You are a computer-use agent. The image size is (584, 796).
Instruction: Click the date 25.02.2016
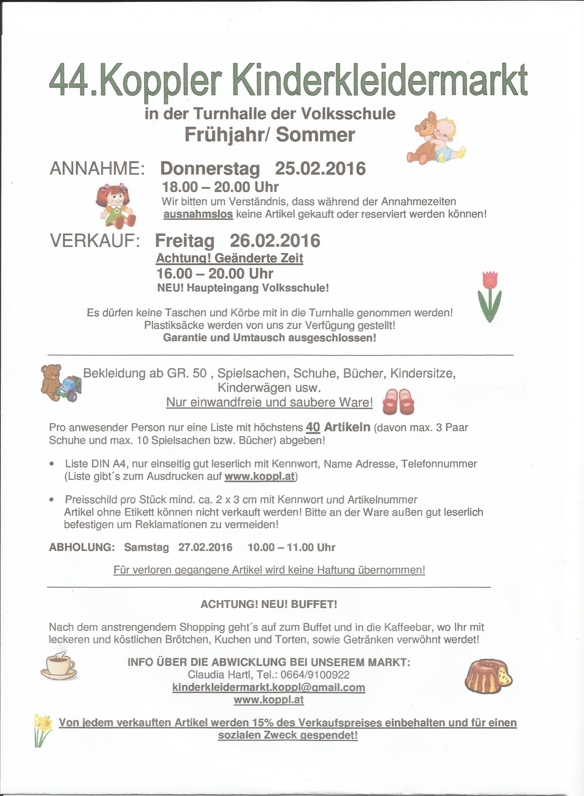pyautogui.click(x=320, y=169)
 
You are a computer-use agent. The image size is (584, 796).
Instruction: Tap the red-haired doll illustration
pyautogui.click(x=115, y=205)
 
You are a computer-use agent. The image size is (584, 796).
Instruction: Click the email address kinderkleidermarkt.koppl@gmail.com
pyautogui.click(x=269, y=687)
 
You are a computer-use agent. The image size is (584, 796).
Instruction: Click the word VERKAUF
pyautogui.click(x=95, y=241)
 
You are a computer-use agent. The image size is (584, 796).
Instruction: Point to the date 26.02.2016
pyautogui.click(x=275, y=241)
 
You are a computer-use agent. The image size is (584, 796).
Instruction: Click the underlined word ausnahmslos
pyautogui.click(x=198, y=214)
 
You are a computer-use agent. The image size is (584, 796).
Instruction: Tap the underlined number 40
pyautogui.click(x=313, y=427)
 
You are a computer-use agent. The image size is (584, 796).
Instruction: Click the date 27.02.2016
pyautogui.click(x=205, y=547)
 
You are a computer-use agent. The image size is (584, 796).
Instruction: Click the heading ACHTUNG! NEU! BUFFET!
pyautogui.click(x=269, y=604)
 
